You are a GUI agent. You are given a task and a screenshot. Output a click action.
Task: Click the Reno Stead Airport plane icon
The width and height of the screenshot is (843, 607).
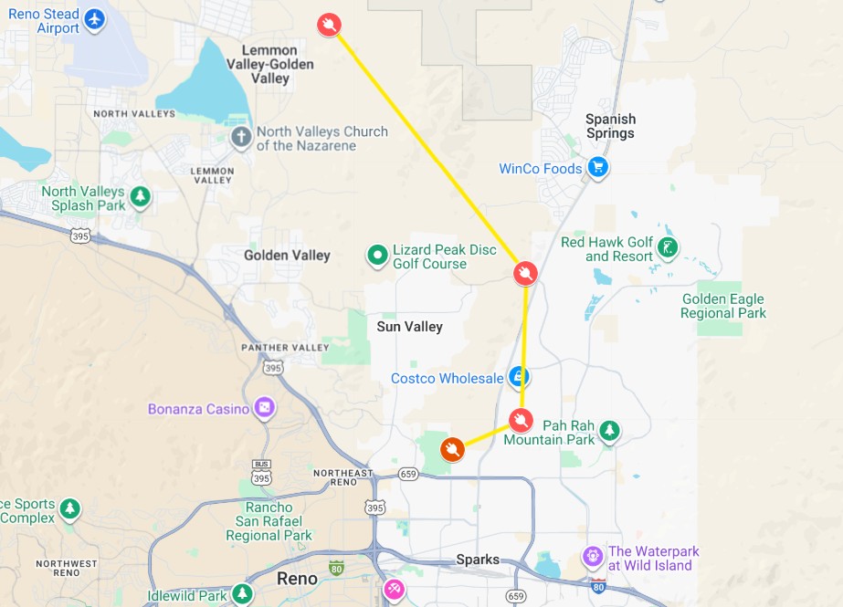point(93,18)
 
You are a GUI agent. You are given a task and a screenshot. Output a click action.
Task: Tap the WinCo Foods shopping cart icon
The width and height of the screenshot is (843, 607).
point(597,168)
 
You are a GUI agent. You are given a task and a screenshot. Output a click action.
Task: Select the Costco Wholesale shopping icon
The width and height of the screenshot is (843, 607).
point(519,376)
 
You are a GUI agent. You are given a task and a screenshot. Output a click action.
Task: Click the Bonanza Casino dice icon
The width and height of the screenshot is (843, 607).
point(265,408)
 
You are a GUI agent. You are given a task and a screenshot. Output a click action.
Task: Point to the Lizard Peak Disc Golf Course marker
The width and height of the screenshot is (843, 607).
point(376,256)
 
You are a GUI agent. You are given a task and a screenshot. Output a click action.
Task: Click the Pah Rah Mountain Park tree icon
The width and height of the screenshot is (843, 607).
point(609,430)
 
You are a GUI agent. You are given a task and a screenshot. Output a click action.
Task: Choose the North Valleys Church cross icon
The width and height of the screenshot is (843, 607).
point(241,138)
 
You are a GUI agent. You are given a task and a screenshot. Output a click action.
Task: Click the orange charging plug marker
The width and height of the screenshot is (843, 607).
point(452,449)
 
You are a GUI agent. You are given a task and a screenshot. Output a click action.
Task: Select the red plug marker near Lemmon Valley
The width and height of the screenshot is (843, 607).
point(329,25)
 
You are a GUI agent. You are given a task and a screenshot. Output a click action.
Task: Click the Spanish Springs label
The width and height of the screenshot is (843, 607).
point(610,126)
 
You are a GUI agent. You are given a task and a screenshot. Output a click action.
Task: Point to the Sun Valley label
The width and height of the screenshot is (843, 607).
point(409,326)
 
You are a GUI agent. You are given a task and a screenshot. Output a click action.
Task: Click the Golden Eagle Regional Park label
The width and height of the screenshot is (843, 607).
point(723,306)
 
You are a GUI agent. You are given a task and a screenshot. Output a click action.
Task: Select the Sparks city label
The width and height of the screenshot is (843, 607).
point(478,560)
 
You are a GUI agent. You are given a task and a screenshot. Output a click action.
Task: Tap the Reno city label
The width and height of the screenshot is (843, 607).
point(297,579)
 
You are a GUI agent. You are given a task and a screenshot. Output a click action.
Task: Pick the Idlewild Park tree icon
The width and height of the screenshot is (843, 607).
point(241,594)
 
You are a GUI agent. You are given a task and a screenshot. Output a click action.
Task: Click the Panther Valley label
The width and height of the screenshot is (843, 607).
point(284,348)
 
